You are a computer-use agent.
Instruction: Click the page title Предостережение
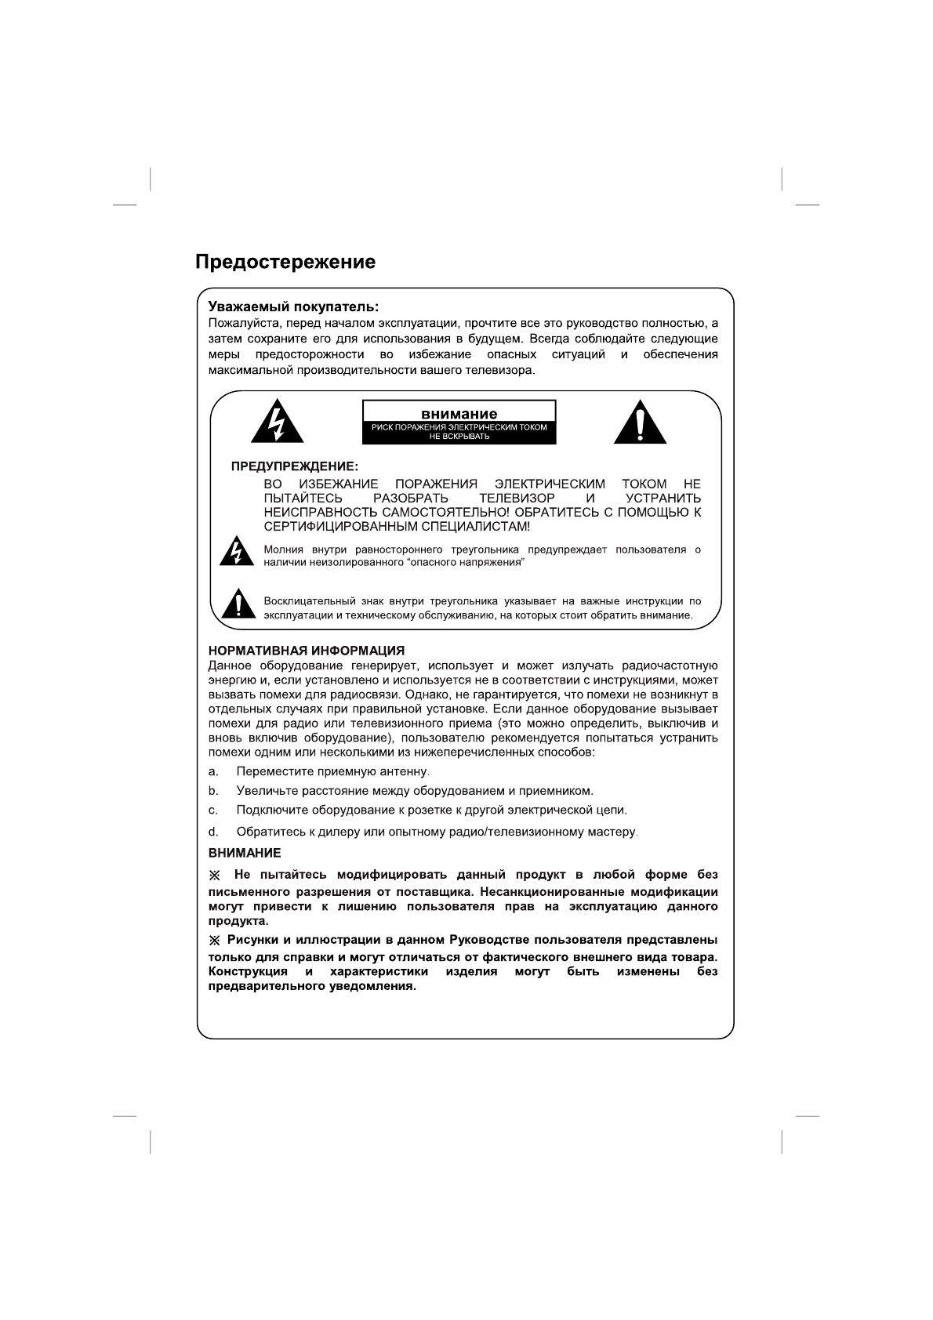[285, 262]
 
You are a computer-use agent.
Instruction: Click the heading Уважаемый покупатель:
[293, 306]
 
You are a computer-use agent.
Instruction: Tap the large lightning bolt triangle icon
[277, 423]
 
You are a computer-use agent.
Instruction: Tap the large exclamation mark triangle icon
[640, 423]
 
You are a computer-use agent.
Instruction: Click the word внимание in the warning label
[459, 414]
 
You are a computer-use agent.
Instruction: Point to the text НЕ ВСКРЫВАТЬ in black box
[459, 437]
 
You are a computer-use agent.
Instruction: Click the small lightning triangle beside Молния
[235, 552]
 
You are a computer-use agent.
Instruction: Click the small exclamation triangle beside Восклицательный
[235, 605]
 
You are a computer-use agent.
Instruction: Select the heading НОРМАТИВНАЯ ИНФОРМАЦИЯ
[306, 651]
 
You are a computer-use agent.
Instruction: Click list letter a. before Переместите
[212, 771]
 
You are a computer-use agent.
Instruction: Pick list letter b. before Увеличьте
[212, 790]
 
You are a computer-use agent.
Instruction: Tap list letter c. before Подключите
[212, 810]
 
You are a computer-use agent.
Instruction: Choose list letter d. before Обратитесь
[212, 831]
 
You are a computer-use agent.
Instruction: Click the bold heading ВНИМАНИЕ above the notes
[244, 852]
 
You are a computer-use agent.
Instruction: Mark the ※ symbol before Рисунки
[215, 940]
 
